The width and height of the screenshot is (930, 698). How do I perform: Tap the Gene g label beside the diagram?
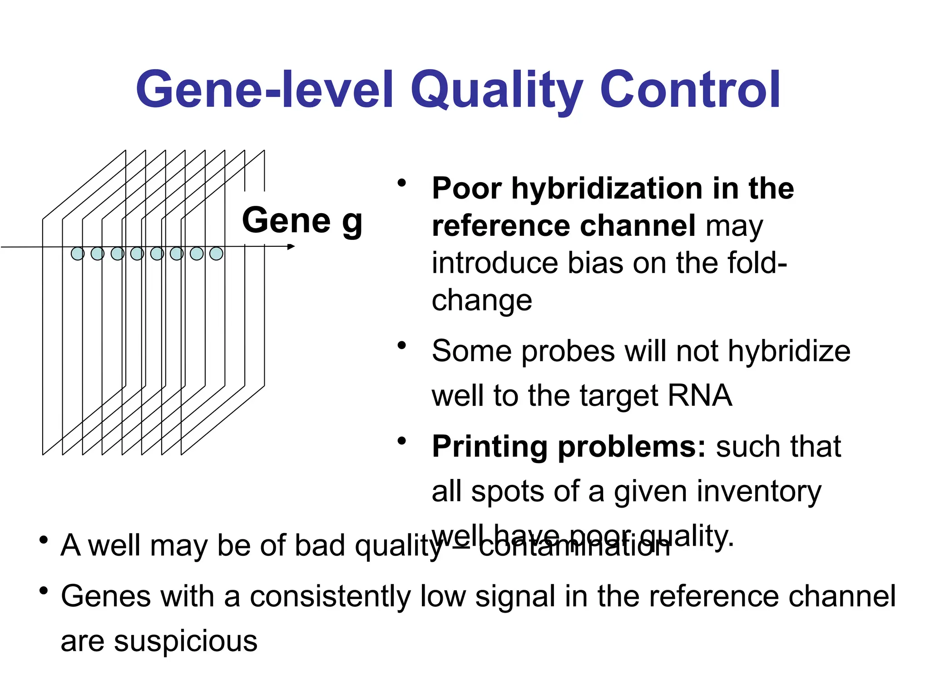(302, 221)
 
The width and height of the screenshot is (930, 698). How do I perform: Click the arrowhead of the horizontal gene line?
(292, 247)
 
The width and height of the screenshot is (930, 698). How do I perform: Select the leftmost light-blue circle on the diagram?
(78, 254)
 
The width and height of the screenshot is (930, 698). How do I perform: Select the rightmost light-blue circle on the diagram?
(216, 254)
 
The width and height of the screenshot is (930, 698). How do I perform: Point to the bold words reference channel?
(563, 226)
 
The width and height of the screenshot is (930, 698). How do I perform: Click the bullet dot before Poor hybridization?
(401, 183)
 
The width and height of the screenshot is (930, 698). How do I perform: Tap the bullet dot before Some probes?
(401, 346)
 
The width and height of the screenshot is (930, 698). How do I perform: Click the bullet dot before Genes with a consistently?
(44, 591)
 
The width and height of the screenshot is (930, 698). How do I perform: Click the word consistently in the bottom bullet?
(330, 597)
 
